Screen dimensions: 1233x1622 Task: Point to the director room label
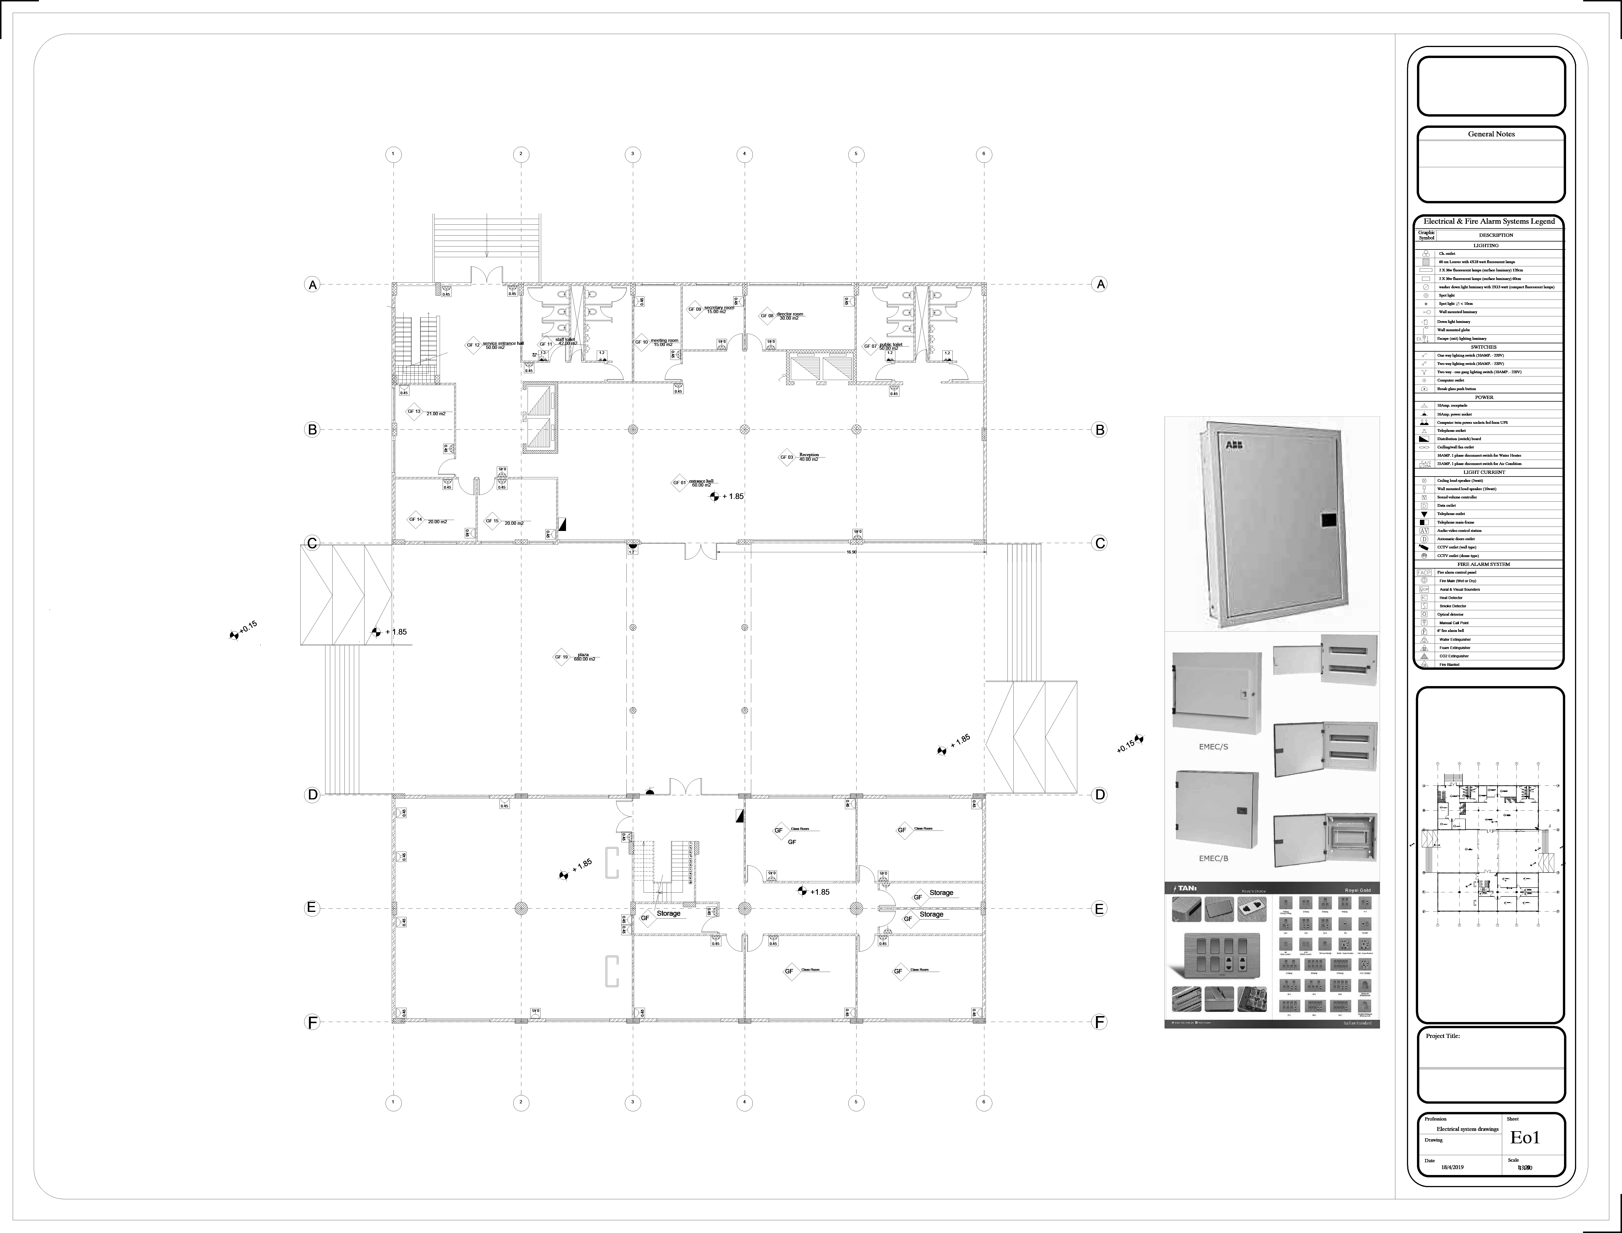tap(789, 316)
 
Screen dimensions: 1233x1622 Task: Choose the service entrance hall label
tap(503, 344)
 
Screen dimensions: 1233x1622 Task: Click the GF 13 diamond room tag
tap(414, 412)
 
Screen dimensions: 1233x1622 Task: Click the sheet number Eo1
tap(1524, 1138)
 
